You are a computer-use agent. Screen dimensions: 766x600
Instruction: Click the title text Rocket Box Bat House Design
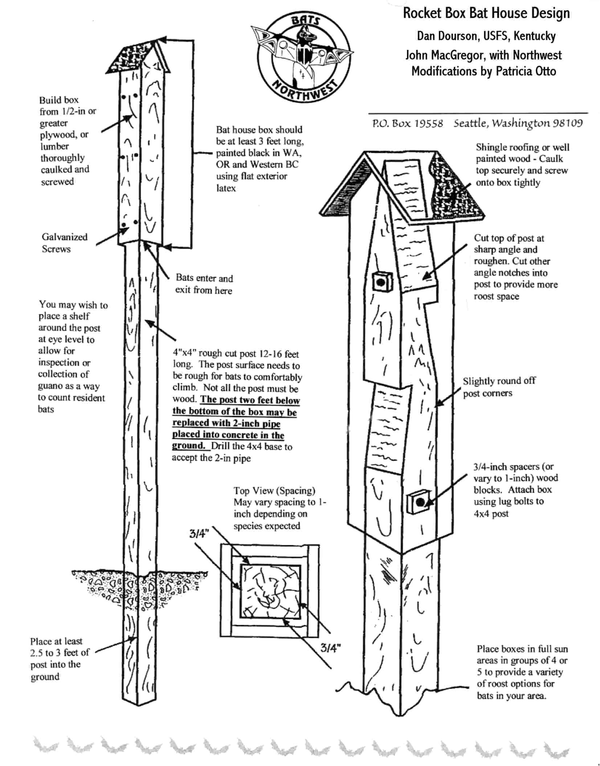click(486, 13)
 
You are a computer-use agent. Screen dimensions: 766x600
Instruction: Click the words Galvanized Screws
click(64, 243)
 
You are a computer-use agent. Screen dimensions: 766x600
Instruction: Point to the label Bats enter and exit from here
click(204, 284)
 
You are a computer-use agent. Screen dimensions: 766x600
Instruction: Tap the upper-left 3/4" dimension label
click(199, 533)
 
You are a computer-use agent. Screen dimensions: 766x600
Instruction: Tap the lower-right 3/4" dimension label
click(330, 648)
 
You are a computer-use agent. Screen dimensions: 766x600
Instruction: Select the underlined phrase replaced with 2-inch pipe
click(226, 423)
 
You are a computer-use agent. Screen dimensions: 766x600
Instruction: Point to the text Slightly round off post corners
click(499, 387)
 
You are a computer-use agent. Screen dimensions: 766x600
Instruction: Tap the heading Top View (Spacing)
click(274, 491)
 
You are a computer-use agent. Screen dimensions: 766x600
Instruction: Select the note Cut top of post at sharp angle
click(509, 244)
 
